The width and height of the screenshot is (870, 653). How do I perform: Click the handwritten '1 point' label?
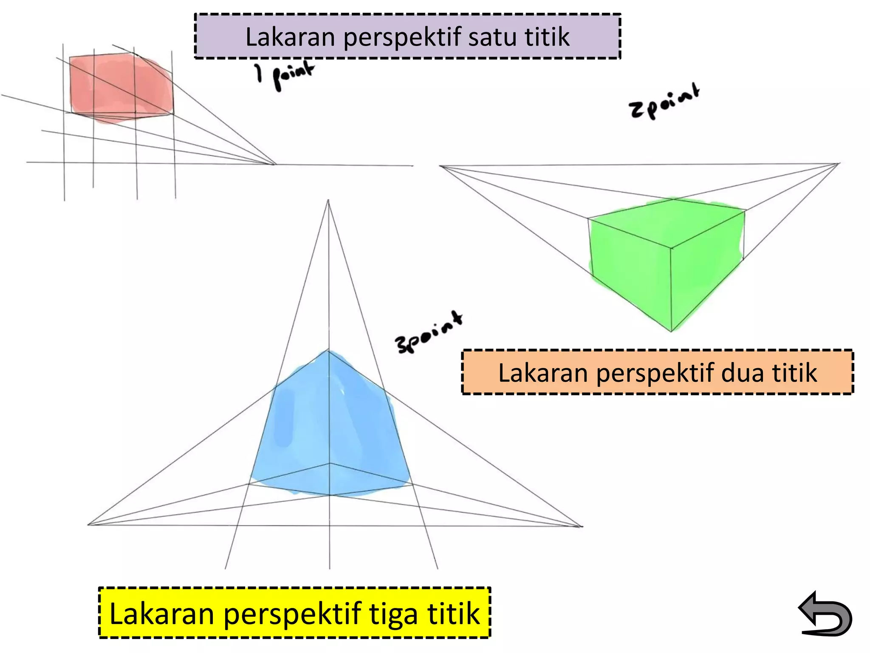285,75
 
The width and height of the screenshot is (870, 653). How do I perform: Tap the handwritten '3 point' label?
429,333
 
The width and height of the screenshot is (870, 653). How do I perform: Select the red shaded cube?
121,87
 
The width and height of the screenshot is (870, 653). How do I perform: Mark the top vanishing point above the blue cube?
328,201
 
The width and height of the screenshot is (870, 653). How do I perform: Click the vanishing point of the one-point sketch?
275,164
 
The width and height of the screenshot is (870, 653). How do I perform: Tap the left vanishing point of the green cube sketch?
441,166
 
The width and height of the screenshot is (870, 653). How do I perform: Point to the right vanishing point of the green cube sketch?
839,163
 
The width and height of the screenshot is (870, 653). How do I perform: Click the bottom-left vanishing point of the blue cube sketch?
88,525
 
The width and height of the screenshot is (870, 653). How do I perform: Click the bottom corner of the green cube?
671,331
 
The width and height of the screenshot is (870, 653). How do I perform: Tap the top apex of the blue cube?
328,350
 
